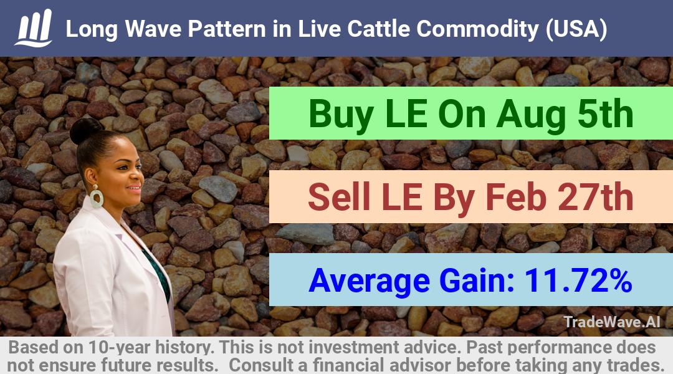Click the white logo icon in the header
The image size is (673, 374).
click(33, 27)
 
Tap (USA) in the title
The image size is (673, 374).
click(576, 30)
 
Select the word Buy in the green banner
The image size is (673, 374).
click(341, 114)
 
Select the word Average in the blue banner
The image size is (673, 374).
click(369, 281)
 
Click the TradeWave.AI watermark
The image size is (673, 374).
click(612, 322)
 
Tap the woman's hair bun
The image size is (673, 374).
click(86, 130)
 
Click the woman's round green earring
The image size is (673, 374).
click(96, 198)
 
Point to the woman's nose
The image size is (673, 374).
click(140, 174)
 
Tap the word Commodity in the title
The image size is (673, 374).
click(477, 30)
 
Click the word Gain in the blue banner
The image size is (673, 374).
click(477, 280)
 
